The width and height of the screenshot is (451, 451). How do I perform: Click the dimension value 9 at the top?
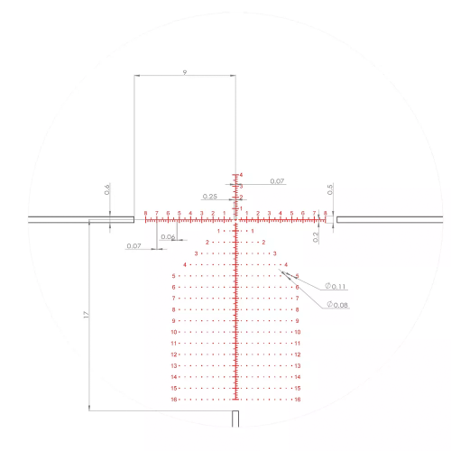tap(184, 69)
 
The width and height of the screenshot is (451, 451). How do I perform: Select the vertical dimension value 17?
tap(85, 315)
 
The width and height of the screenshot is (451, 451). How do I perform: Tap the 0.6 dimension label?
tap(106, 189)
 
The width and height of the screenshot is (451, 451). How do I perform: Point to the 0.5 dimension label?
tap(330, 189)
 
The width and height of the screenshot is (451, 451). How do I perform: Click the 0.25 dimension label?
tap(209, 196)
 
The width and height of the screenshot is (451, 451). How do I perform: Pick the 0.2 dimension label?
tap(316, 236)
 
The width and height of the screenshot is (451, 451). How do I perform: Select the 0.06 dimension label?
tap(166, 237)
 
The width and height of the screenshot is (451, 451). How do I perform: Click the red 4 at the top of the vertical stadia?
tap(240, 175)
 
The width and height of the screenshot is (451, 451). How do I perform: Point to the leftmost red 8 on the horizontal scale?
tap(145, 214)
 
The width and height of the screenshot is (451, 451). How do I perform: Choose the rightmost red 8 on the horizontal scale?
tap(325, 214)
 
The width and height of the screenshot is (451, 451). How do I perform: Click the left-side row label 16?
tap(174, 399)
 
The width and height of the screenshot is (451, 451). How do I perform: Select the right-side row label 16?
tap(297, 399)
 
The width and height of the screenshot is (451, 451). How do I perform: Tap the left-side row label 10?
tap(174, 332)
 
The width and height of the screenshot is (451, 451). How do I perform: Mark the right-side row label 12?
tap(297, 354)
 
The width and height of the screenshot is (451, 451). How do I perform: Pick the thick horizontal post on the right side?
tap(388, 218)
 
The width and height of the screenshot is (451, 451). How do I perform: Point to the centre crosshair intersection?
tap(236, 218)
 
